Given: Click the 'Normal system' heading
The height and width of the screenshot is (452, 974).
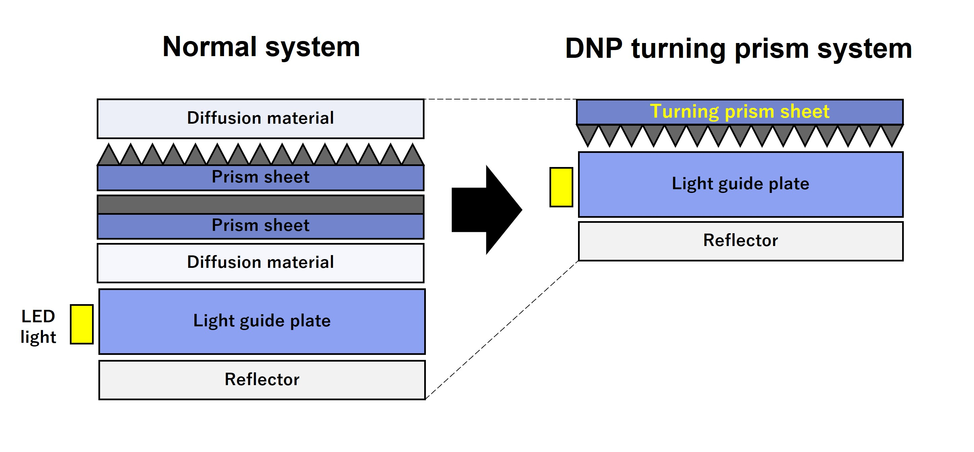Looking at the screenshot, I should click(261, 47).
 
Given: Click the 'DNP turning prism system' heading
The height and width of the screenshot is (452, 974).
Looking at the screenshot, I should click(738, 49).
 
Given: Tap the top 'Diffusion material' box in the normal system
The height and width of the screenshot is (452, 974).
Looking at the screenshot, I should click(260, 118).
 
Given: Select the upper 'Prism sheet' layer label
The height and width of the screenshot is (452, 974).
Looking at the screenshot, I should click(260, 177).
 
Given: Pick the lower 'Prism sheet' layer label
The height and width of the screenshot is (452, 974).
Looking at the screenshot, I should click(260, 226).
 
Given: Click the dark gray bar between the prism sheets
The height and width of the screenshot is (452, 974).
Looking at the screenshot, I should click(260, 205).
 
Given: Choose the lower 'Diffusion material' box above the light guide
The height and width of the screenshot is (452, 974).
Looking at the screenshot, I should click(260, 262).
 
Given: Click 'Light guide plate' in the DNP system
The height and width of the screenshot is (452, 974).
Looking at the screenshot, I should click(740, 184).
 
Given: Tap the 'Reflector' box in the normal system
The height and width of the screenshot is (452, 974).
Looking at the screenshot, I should click(262, 379).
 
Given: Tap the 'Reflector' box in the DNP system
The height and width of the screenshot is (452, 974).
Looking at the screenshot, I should click(740, 241).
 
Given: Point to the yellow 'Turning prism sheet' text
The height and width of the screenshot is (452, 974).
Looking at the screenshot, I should click(739, 112).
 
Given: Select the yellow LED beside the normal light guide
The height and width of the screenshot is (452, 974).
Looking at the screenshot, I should click(82, 324).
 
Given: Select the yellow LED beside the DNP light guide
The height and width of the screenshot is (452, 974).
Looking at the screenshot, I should click(561, 187).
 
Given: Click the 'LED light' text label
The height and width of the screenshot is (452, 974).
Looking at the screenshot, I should click(38, 326).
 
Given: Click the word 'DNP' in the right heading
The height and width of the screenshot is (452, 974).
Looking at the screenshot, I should click(593, 49).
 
